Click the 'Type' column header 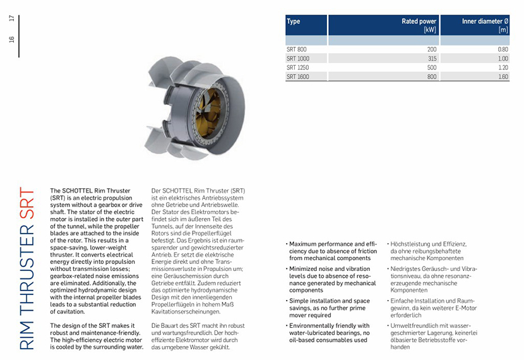294,21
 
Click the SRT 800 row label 297,49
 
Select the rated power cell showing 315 431,59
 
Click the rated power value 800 431,76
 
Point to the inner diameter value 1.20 503,68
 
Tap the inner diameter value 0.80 503,49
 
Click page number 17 11,18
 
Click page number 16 11,40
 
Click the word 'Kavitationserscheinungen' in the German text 186,311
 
